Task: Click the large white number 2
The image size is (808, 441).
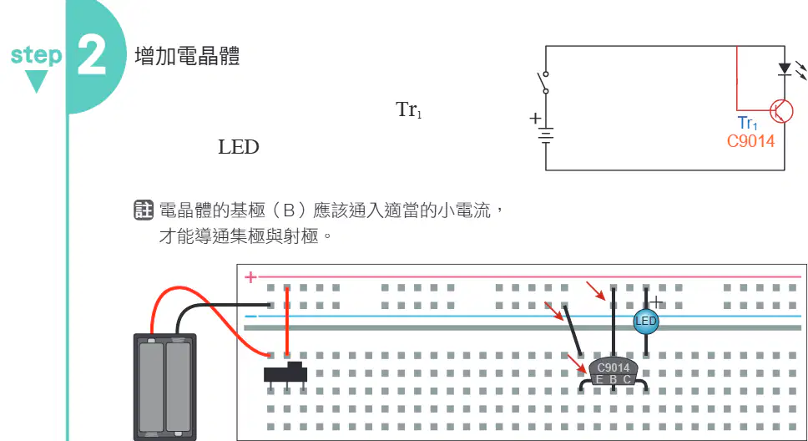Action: pyautogui.click(x=92, y=55)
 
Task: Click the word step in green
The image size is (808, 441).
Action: pyautogui.click(x=36, y=54)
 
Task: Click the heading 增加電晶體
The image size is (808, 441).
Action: pyautogui.click(x=187, y=56)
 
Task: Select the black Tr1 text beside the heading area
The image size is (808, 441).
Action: pyautogui.click(x=409, y=109)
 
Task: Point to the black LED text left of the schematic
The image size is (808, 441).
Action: pyautogui.click(x=239, y=147)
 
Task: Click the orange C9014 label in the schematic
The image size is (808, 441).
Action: pyautogui.click(x=750, y=141)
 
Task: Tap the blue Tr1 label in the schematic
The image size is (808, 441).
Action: pyautogui.click(x=748, y=124)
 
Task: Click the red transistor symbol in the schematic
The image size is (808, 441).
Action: pyautogui.click(x=780, y=111)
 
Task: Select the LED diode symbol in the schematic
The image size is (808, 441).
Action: pyautogui.click(x=785, y=69)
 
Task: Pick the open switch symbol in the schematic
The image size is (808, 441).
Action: pyautogui.click(x=543, y=83)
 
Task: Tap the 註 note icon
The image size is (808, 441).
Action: pyautogui.click(x=144, y=210)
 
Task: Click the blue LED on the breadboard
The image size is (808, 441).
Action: pyautogui.click(x=646, y=322)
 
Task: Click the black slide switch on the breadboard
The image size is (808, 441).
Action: pyautogui.click(x=285, y=373)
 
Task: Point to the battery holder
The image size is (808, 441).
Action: pyautogui.click(x=165, y=387)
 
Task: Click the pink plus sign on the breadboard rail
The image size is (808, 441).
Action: pyautogui.click(x=250, y=277)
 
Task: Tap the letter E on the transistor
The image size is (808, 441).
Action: pyautogui.click(x=599, y=380)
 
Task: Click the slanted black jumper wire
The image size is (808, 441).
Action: pyautogui.click(x=573, y=331)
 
